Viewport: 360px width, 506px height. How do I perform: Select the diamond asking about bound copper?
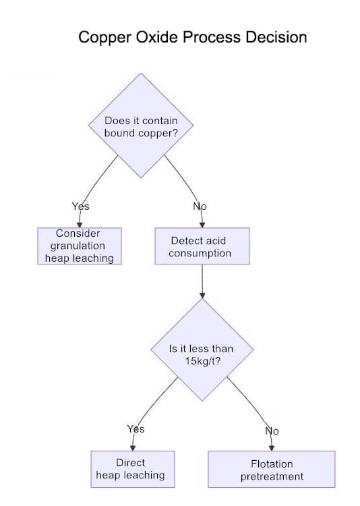(141, 126)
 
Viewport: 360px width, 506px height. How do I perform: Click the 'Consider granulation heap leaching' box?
(80, 246)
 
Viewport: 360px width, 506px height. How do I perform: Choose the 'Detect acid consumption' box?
(202, 246)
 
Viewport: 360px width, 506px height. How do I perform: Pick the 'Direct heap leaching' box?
(132, 468)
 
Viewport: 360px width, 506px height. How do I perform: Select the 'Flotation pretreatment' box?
(272, 470)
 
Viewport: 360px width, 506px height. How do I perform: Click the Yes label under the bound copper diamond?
(80, 206)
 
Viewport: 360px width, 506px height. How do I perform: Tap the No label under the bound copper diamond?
(200, 206)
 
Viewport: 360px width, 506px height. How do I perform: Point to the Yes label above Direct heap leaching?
(136, 428)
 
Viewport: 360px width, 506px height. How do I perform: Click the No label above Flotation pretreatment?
(271, 430)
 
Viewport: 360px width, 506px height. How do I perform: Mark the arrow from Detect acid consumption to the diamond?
(202, 281)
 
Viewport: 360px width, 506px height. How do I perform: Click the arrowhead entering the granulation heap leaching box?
(80, 225)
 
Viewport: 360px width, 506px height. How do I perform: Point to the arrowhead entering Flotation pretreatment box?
(272, 448)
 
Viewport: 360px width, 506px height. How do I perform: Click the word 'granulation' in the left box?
(80, 246)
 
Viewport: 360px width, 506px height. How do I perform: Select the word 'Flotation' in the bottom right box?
(272, 463)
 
